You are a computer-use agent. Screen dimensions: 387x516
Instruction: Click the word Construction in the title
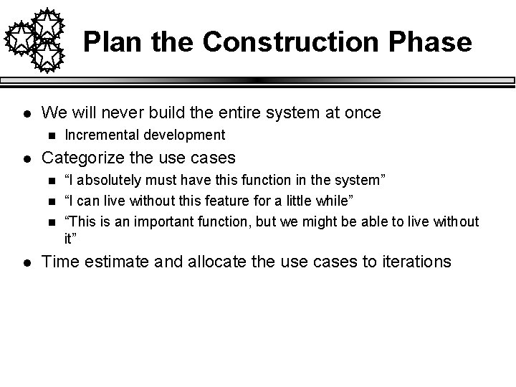coord(289,42)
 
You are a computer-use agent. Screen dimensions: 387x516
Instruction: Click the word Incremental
coord(100,135)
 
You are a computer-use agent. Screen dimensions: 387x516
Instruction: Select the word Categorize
coord(82,157)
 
